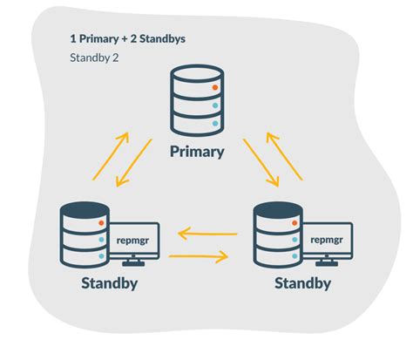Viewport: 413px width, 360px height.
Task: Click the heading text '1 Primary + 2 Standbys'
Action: [x=127, y=39]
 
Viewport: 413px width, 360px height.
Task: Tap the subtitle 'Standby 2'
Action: [x=95, y=58]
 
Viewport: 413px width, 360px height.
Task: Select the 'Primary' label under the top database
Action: [x=196, y=152]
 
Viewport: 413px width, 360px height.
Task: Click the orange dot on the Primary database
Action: [x=214, y=88]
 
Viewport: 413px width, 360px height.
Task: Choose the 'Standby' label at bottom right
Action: [x=302, y=283]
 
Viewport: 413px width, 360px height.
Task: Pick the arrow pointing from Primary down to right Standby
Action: [x=261, y=162]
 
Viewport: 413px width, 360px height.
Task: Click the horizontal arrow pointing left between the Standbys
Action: [x=207, y=234]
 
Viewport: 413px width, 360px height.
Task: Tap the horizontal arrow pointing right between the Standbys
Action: [x=199, y=256]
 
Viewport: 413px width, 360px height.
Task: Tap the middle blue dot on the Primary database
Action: [x=214, y=106]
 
